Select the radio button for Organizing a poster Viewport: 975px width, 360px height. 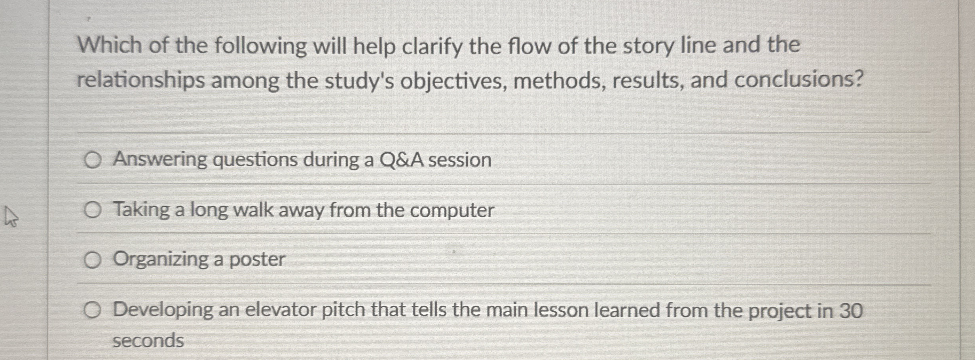(x=92, y=261)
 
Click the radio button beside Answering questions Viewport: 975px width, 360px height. (x=92, y=161)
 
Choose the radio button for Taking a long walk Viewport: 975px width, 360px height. (x=92, y=210)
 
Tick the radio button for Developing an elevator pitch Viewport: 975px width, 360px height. (x=92, y=311)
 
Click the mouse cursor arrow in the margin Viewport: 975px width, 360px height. (x=10, y=217)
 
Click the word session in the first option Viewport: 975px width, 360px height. (x=460, y=160)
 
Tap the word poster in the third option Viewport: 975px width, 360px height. (x=257, y=260)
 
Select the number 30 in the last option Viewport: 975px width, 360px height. (x=851, y=311)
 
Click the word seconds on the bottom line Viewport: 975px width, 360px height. (x=148, y=341)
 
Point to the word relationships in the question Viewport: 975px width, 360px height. (x=140, y=81)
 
